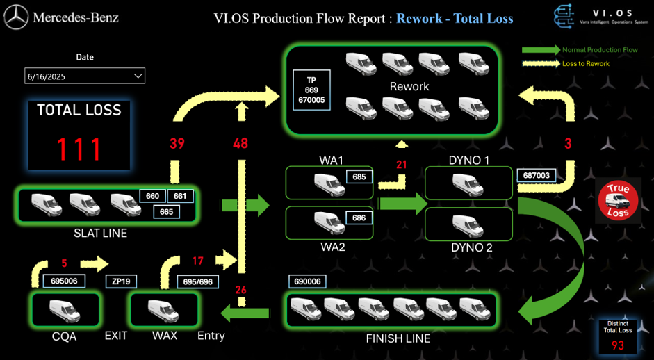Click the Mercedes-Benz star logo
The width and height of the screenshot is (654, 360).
pos(16,17)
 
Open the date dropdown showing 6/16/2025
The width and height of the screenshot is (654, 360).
pos(84,76)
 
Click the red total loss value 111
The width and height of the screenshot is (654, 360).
pos(79,149)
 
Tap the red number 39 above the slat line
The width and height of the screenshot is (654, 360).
pos(177,144)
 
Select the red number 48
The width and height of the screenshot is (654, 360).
pos(240,144)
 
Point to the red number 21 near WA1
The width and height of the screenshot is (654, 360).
pos(401,165)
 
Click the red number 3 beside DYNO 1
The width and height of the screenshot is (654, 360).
pos(568,145)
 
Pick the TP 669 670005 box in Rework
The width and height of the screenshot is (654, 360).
pos(311,90)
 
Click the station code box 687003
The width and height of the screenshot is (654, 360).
pos(537,176)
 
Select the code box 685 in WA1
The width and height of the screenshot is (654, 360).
pos(359,177)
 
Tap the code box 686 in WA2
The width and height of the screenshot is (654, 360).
pos(359,218)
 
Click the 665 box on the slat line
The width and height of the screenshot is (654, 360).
pos(166,211)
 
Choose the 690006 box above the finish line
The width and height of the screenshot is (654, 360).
pos(307,281)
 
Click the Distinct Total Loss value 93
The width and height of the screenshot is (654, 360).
pos(617,345)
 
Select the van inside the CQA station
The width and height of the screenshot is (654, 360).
pos(63,310)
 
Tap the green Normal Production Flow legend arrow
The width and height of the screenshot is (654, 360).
pos(541,50)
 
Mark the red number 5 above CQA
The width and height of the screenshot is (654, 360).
pos(64,263)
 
